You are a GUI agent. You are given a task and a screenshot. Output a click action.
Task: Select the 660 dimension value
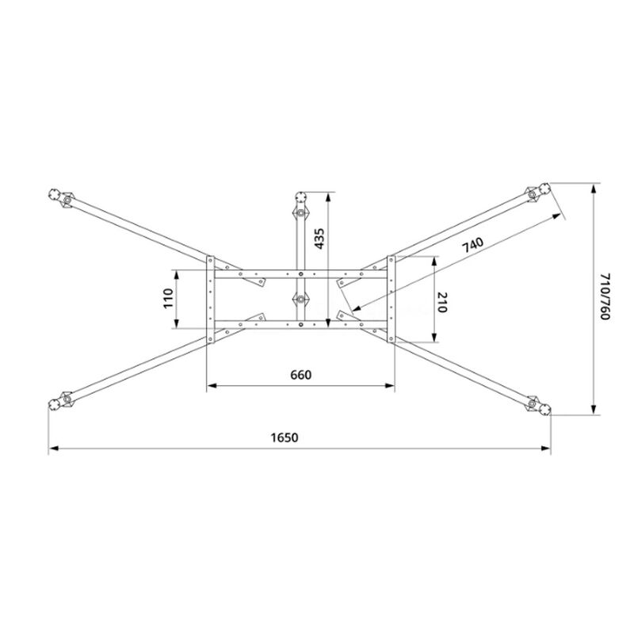point(300,375)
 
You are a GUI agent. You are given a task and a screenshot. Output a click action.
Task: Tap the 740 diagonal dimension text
point(472,246)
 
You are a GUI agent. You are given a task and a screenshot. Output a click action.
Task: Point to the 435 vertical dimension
point(319,239)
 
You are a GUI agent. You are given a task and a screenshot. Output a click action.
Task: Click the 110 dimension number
point(168,299)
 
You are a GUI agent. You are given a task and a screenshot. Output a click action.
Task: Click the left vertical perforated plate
point(210,300)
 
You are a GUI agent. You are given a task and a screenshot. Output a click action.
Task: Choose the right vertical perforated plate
point(391,300)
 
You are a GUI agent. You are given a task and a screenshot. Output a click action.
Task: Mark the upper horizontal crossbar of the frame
point(300,275)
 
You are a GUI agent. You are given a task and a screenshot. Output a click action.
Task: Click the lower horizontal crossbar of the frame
point(300,324)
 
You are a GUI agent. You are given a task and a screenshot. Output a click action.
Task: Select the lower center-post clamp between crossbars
point(300,300)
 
